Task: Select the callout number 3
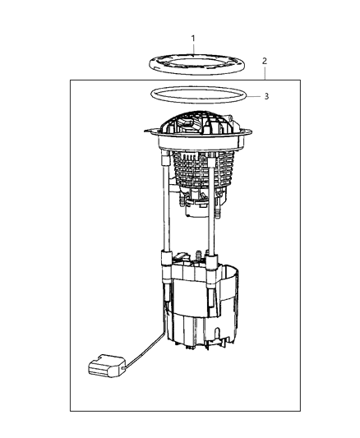(x=265, y=95)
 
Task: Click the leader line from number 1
(x=193, y=48)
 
